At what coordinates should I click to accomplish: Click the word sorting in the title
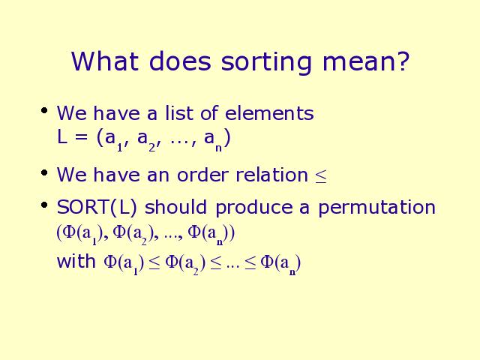pos(266,62)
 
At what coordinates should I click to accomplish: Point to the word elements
pos(269,112)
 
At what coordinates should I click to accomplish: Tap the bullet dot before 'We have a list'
pos(44,110)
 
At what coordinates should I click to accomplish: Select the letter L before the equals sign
pos(61,136)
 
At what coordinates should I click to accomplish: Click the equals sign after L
pos(81,137)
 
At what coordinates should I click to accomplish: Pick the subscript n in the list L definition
pos(218,148)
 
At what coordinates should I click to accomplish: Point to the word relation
pos(271,175)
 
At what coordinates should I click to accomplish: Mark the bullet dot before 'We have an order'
pos(44,173)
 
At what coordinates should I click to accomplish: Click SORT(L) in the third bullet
pos(97,207)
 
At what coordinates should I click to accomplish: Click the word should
pos(175,207)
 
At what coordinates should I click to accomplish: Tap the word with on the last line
pos(76,262)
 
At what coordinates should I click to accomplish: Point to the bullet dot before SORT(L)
pos(44,205)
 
